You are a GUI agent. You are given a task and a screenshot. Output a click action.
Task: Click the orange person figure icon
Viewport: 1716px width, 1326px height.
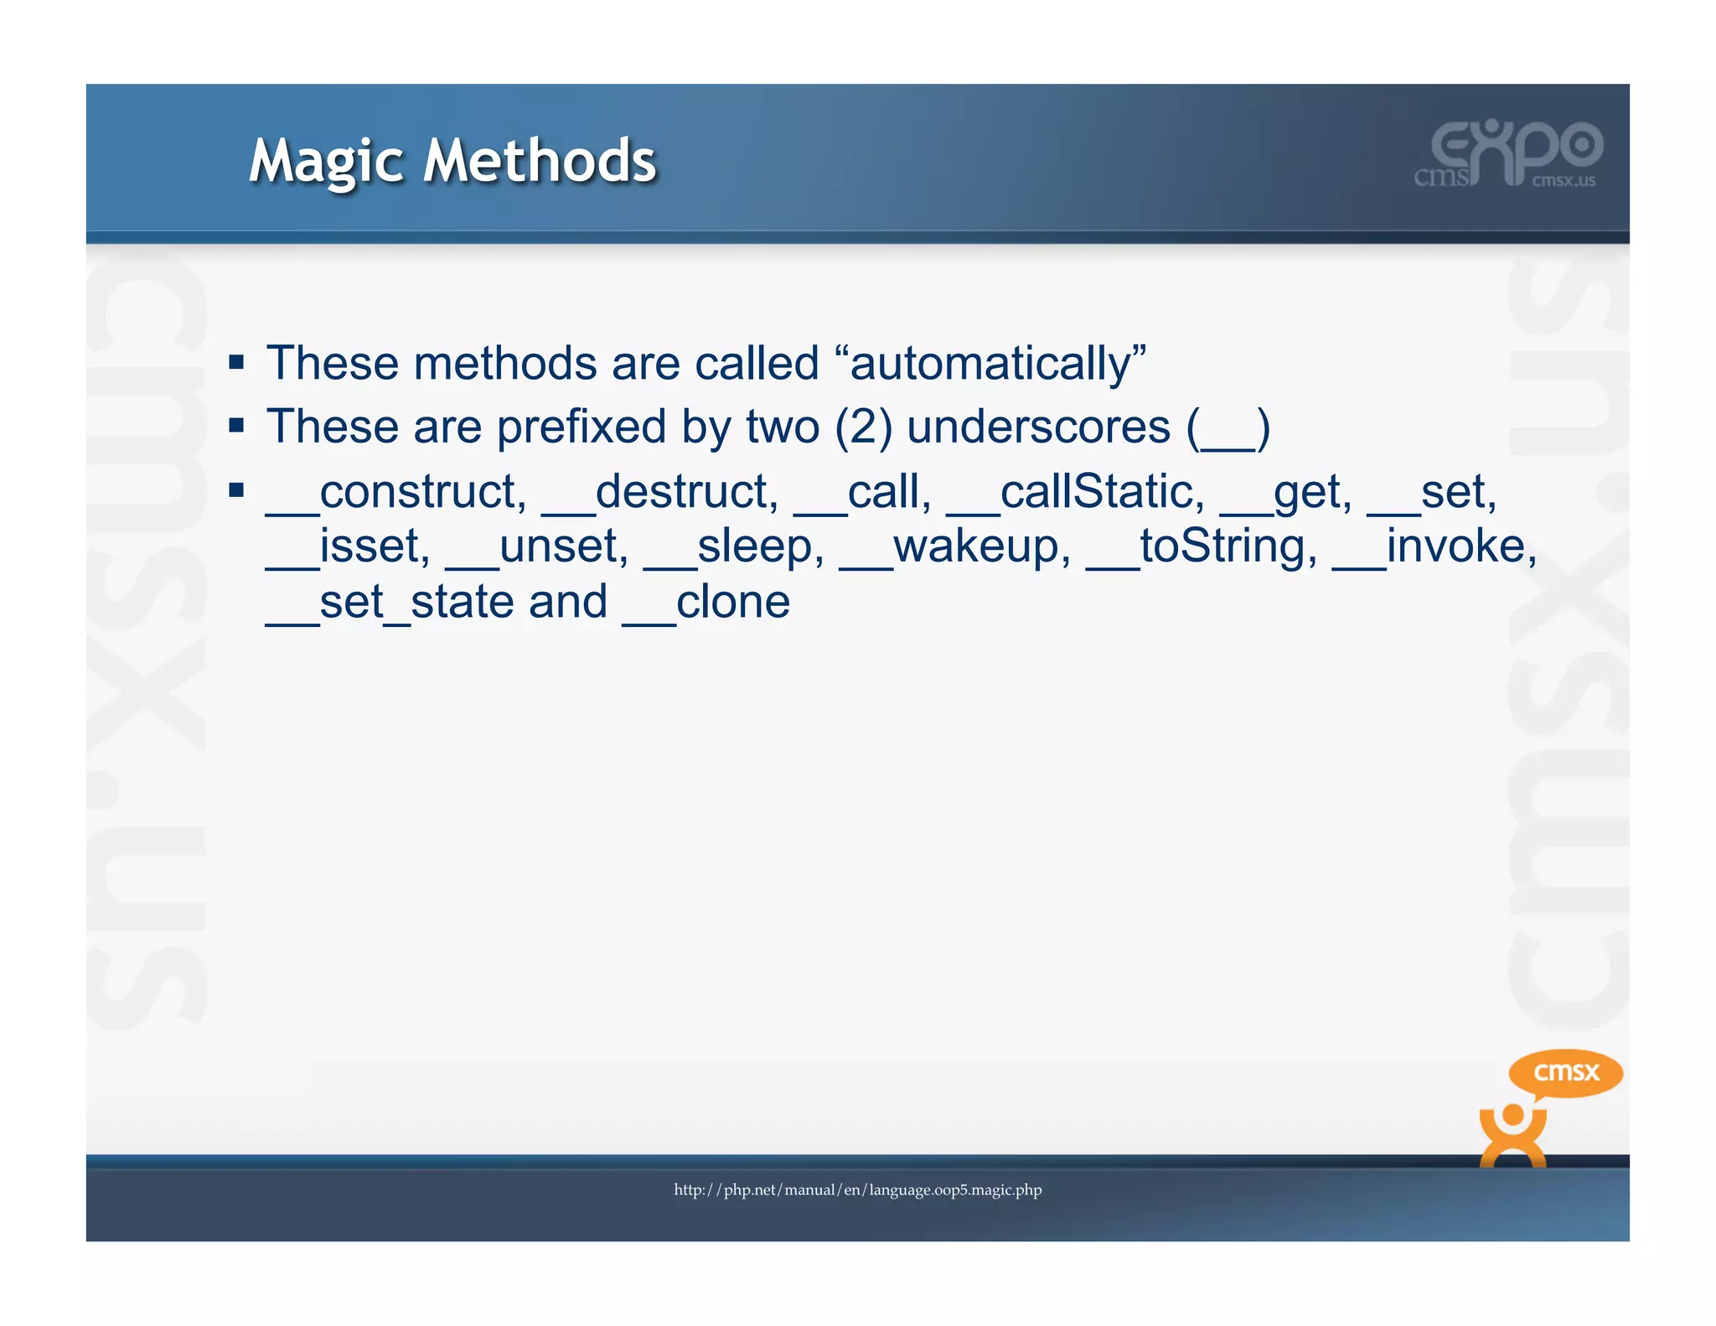pyautogui.click(x=1512, y=1136)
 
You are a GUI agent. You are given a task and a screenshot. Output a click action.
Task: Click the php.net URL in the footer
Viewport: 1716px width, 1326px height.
pyautogui.click(x=857, y=1189)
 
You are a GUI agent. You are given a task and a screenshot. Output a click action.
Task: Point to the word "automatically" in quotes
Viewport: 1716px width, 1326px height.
pyautogui.click(x=997, y=364)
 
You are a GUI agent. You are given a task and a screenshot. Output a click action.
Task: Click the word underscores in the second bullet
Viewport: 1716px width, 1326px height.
pyautogui.click(x=1038, y=427)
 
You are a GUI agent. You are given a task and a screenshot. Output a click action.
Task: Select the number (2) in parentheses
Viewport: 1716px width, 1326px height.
pyautogui.click(x=863, y=427)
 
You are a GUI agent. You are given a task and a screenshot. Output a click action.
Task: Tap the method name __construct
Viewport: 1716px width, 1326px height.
pyautogui.click(x=395, y=491)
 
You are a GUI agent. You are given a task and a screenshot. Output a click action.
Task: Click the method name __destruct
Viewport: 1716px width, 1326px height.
pyautogui.click(x=659, y=491)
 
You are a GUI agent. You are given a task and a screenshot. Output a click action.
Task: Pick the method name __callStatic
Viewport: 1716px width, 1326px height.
pyautogui.click(x=1075, y=491)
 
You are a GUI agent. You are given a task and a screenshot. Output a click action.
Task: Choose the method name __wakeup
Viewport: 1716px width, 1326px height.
pyautogui.click(x=955, y=546)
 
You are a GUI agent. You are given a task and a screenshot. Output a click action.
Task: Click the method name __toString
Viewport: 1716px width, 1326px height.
pyautogui.click(x=1201, y=546)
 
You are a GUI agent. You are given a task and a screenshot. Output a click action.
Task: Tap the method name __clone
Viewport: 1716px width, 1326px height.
pyautogui.click(x=706, y=602)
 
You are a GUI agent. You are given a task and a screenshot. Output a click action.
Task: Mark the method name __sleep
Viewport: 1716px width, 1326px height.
pyautogui.click(x=733, y=546)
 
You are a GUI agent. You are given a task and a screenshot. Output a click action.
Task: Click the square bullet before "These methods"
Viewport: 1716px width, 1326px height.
pyautogui.click(x=236, y=363)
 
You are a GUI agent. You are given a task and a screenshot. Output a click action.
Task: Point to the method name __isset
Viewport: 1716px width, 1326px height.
pyautogui.click(x=347, y=546)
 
